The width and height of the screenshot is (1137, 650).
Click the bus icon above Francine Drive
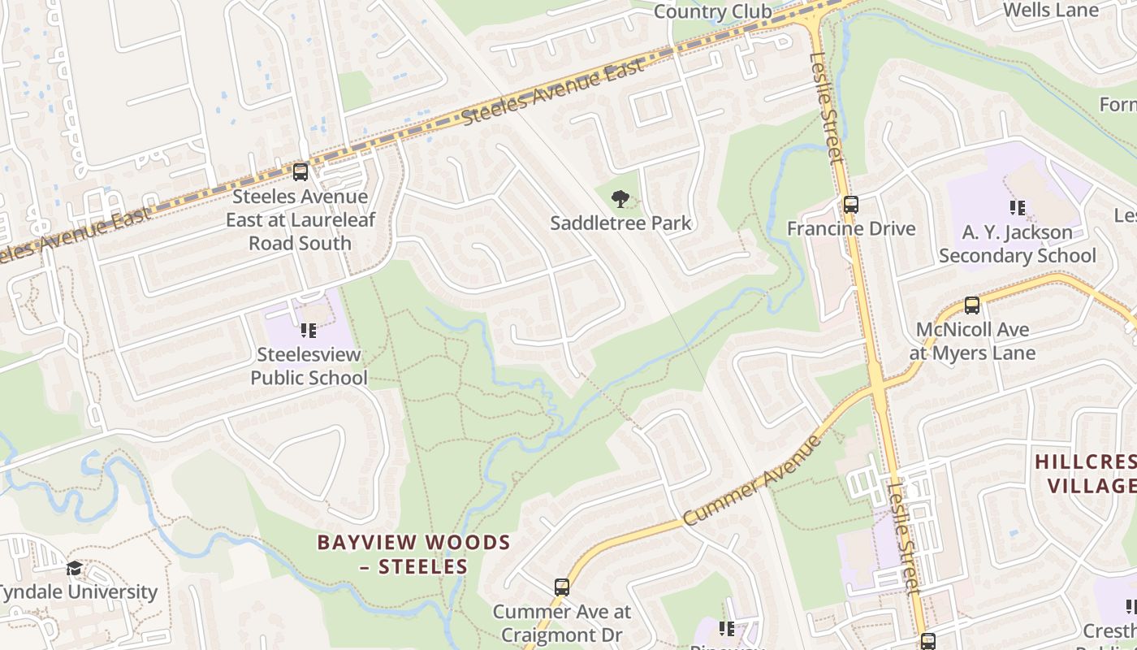click(x=850, y=205)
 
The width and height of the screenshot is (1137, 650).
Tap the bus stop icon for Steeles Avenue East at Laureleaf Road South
click(x=300, y=172)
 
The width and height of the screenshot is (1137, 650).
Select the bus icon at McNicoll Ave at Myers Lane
click(x=971, y=305)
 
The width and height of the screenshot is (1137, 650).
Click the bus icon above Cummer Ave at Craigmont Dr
click(x=561, y=587)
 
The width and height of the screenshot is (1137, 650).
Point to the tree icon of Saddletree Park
click(x=620, y=198)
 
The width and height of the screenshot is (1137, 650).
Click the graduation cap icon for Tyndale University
click(x=75, y=568)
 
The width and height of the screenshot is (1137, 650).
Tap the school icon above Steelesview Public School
click(x=309, y=331)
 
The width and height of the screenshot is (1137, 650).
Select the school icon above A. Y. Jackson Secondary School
click(x=1017, y=208)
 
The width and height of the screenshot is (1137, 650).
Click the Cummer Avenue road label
click(x=752, y=480)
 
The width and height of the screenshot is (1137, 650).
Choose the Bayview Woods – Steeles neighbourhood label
click(x=413, y=554)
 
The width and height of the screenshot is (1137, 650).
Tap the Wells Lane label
click(x=1051, y=11)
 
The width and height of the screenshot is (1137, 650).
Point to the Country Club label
click(x=712, y=11)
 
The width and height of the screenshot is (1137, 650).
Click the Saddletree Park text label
click(x=620, y=223)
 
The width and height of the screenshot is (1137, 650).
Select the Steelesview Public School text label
click(x=309, y=366)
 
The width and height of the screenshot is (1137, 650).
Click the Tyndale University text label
click(x=78, y=591)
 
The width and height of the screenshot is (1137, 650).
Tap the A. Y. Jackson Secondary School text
click(x=1017, y=244)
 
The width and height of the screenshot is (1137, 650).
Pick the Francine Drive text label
click(x=850, y=228)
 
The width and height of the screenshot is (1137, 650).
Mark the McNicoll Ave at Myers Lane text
click(x=971, y=341)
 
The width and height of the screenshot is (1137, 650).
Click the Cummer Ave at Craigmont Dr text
click(x=561, y=622)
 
